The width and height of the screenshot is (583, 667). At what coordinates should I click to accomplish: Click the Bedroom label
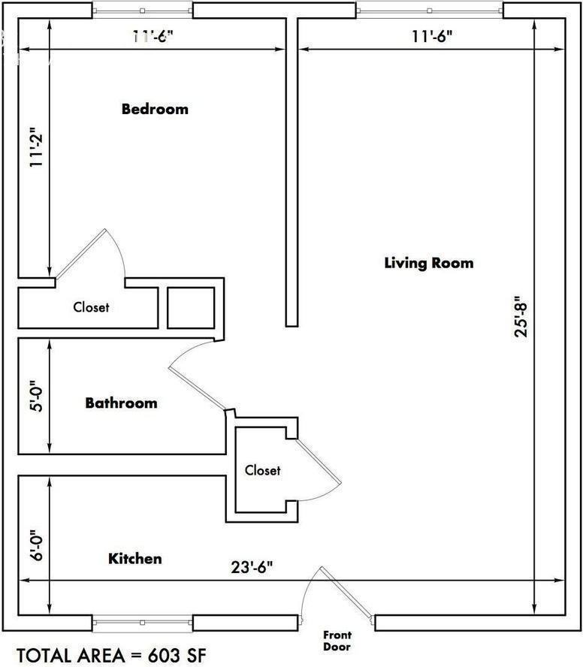click(x=155, y=109)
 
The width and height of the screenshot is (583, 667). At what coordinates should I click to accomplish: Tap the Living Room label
click(x=429, y=263)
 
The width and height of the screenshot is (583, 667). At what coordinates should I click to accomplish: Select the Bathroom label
click(x=121, y=403)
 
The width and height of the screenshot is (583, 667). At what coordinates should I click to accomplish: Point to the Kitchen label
click(x=135, y=559)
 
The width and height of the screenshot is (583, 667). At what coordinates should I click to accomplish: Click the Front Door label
click(x=337, y=641)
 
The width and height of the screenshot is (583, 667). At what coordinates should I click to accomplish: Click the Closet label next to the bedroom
click(x=91, y=307)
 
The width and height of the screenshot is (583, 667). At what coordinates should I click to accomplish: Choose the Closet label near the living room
click(x=262, y=470)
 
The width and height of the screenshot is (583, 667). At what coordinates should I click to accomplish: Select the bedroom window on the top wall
click(x=142, y=11)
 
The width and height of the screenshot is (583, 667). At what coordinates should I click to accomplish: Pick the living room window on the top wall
click(x=429, y=11)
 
